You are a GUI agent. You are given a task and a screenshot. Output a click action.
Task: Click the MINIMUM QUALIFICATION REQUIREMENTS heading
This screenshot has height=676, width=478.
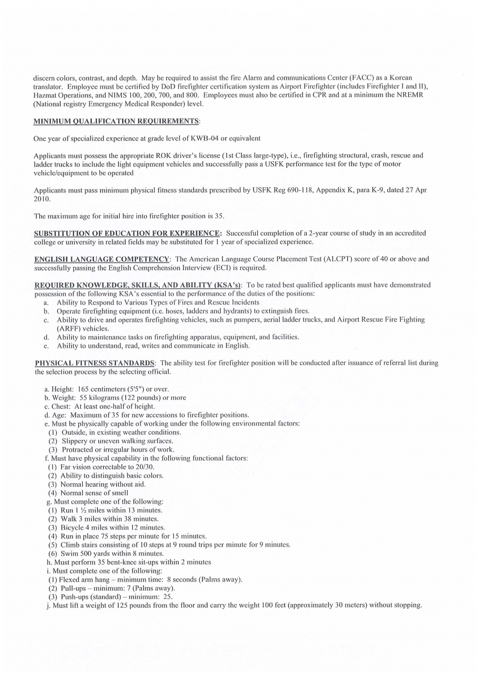(117, 121)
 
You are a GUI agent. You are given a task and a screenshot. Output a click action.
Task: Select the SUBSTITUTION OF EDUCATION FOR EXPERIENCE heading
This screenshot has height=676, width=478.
(127, 233)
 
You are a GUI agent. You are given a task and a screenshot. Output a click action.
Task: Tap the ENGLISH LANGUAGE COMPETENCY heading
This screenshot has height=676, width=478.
(103, 259)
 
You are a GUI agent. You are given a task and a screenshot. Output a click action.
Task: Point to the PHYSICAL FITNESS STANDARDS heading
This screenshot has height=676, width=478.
(95, 363)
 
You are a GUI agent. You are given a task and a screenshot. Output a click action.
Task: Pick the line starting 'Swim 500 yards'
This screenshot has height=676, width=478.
(105, 554)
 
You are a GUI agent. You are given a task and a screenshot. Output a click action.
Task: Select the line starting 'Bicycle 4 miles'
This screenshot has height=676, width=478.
(106, 527)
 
